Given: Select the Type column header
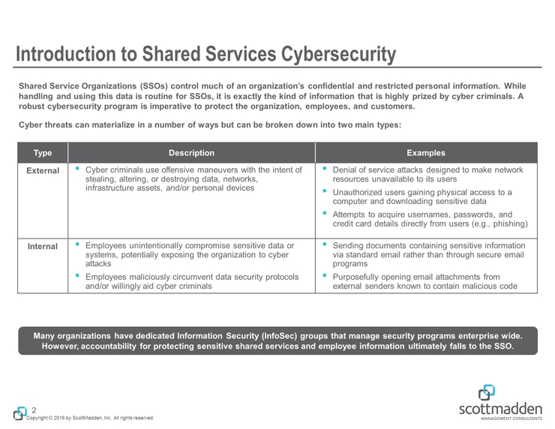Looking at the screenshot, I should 43,153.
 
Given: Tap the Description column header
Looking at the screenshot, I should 191,153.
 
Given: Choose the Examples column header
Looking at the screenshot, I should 425,153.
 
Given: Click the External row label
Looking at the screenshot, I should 43,171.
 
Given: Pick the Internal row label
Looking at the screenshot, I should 43,247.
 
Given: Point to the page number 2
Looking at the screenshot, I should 34,409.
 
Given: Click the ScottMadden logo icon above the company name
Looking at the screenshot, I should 487,393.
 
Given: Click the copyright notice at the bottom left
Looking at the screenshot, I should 90,418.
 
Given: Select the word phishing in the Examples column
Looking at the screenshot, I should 510,224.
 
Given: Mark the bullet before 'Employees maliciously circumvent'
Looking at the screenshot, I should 77,276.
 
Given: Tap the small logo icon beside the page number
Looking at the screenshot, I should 20,412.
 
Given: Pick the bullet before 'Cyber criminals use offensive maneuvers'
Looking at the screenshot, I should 77,169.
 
